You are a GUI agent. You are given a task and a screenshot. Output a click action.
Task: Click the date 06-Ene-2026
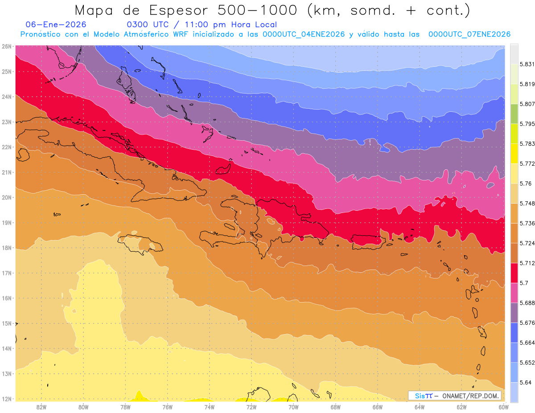[x=56, y=25]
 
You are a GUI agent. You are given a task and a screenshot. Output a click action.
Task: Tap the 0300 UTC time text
[x=148, y=25]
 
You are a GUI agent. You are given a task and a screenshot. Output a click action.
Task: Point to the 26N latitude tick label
[x=6, y=46]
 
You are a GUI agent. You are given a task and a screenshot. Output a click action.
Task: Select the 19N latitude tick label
[x=6, y=223]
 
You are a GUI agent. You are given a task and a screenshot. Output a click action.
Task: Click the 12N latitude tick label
[x=6, y=399]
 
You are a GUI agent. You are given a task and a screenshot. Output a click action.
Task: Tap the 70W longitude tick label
[x=293, y=407]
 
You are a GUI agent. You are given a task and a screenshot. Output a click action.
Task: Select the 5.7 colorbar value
[x=524, y=282]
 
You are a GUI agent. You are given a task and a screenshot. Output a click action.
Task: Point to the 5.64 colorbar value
[x=525, y=382]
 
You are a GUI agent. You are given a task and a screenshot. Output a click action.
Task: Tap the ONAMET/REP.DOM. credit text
[x=470, y=396]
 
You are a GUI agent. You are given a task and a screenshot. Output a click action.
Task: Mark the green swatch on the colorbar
[x=514, y=114]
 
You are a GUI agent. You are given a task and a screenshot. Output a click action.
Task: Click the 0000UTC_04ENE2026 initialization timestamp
[x=303, y=34]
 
